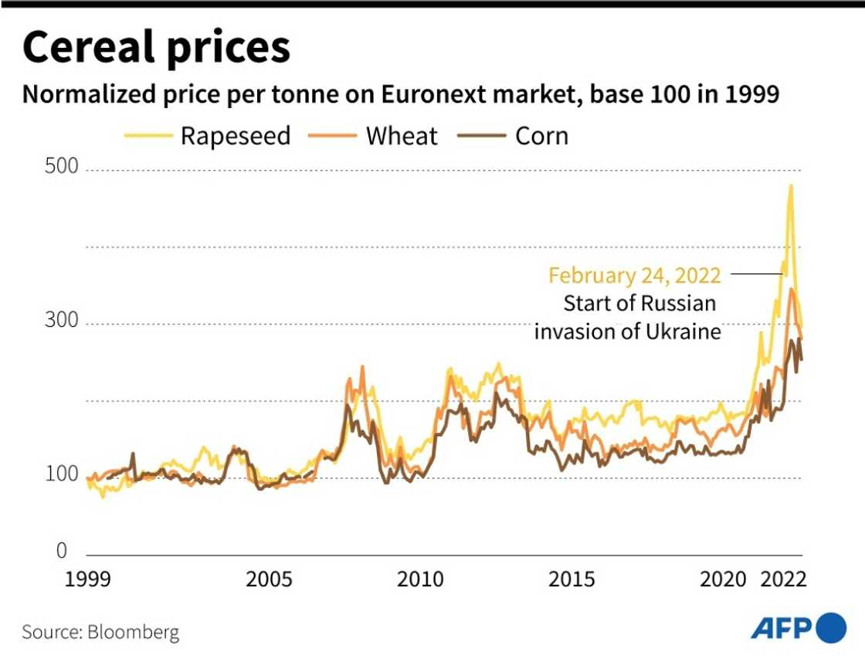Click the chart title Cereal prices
pyautogui.click(x=157, y=48)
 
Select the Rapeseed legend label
pyautogui.click(x=235, y=136)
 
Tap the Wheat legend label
pyautogui.click(x=401, y=136)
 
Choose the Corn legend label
pyautogui.click(x=541, y=136)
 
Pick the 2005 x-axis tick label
pyautogui.click(x=270, y=579)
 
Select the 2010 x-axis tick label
pyautogui.click(x=421, y=579)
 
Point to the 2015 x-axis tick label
pyautogui.click(x=572, y=579)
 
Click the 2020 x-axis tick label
pyautogui.click(x=724, y=579)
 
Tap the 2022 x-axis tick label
pyautogui.click(x=782, y=579)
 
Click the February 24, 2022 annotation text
pyautogui.click(x=635, y=275)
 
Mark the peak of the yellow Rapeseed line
pyautogui.click(x=790, y=185)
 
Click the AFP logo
pyautogui.click(x=799, y=627)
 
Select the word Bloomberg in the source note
pyautogui.click(x=133, y=632)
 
